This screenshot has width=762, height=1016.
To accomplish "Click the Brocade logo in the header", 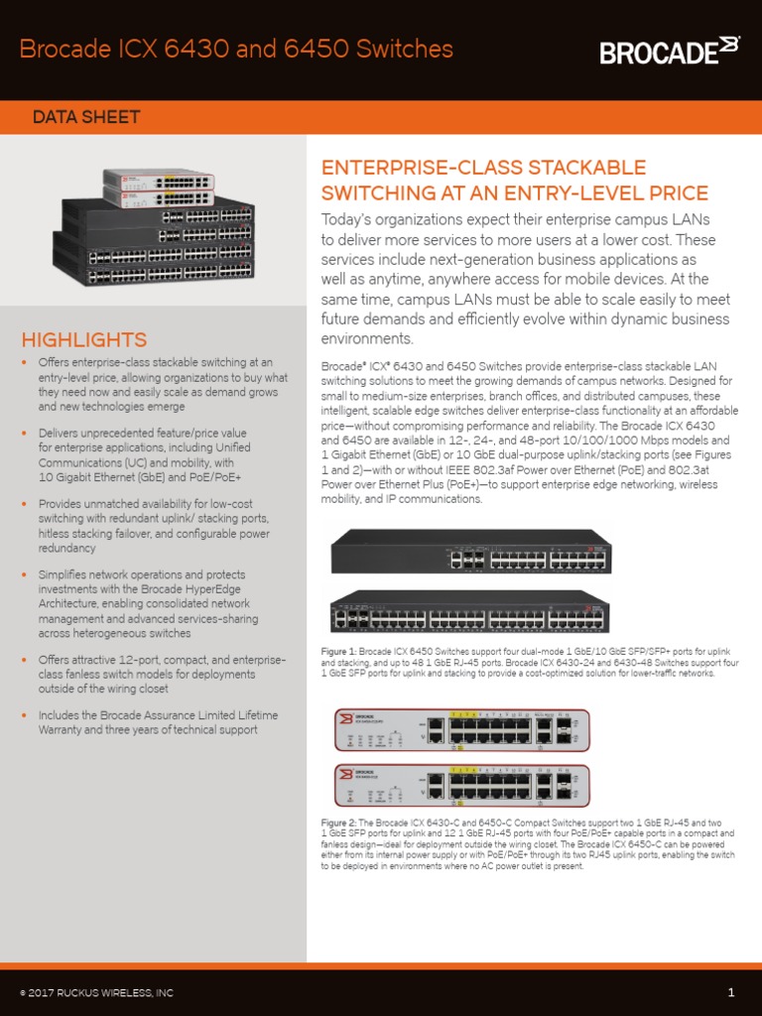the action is pyautogui.click(x=670, y=50).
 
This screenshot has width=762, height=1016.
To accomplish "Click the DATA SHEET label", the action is pyautogui.click(x=86, y=117).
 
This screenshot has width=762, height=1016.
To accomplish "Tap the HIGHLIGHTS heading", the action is pyautogui.click(x=84, y=340).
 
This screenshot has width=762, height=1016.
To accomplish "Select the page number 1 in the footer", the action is pyautogui.click(x=730, y=992).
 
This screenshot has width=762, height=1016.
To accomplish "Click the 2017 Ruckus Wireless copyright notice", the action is pyautogui.click(x=96, y=993).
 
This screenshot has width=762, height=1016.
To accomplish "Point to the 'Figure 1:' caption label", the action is pyautogui.click(x=338, y=651).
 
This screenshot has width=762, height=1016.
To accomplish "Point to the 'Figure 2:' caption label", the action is pyautogui.click(x=338, y=823).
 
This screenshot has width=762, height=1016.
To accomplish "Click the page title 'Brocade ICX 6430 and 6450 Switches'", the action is pyautogui.click(x=237, y=49).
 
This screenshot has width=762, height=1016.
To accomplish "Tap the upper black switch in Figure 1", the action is pyautogui.click(x=471, y=552).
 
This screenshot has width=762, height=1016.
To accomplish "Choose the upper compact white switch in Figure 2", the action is pyautogui.click(x=461, y=731).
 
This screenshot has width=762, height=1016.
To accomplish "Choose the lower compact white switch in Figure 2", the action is pyautogui.click(x=461, y=786).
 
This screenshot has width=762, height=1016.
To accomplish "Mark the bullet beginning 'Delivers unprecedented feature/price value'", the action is pyautogui.click(x=149, y=454).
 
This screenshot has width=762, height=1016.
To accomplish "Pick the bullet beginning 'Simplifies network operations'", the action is pyautogui.click(x=149, y=603).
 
